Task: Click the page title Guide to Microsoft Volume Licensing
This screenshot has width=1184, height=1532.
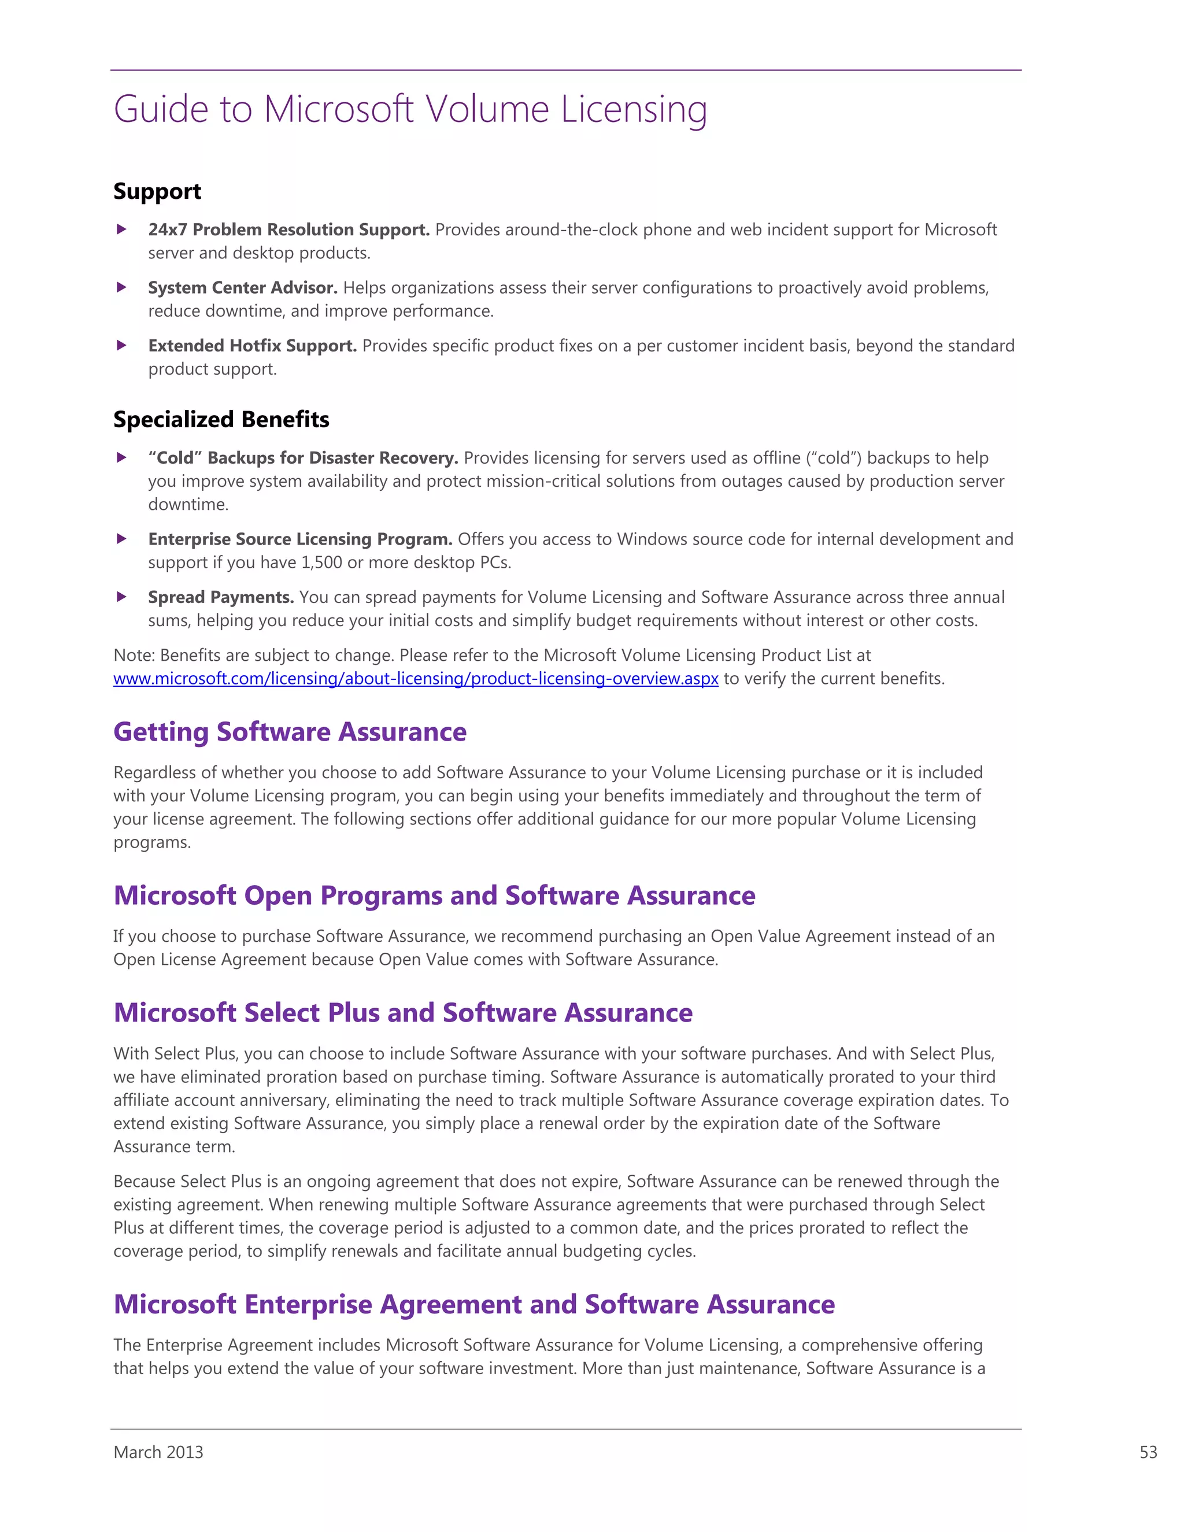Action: click(x=410, y=109)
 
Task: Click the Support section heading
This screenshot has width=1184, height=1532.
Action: click(x=157, y=191)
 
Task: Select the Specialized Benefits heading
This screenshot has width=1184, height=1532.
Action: click(x=221, y=420)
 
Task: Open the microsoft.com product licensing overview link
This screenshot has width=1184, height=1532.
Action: click(x=416, y=678)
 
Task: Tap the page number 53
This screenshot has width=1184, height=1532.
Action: click(x=1148, y=1452)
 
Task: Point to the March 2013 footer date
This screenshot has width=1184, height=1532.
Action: click(x=158, y=1452)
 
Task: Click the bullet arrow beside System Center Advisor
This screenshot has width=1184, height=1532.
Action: click(x=121, y=287)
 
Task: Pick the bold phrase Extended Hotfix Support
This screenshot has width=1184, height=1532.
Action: click(x=253, y=346)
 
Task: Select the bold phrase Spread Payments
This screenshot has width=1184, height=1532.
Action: click(x=221, y=597)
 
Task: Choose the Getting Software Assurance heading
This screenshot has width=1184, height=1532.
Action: click(x=290, y=732)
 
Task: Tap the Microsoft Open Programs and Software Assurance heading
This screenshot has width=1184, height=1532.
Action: click(x=434, y=895)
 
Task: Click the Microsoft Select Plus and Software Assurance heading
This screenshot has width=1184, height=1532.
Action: click(x=402, y=1013)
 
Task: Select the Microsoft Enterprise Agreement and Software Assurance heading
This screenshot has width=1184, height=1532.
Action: click(x=474, y=1305)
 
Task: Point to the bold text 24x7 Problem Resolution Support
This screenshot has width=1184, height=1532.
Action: click(x=289, y=230)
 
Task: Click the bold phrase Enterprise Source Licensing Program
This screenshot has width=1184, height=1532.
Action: click(x=300, y=539)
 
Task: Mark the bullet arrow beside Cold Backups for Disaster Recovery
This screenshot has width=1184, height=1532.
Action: click(x=121, y=457)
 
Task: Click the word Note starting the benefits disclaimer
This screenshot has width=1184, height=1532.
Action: click(x=134, y=655)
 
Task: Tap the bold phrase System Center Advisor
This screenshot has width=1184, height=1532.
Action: click(x=243, y=287)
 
